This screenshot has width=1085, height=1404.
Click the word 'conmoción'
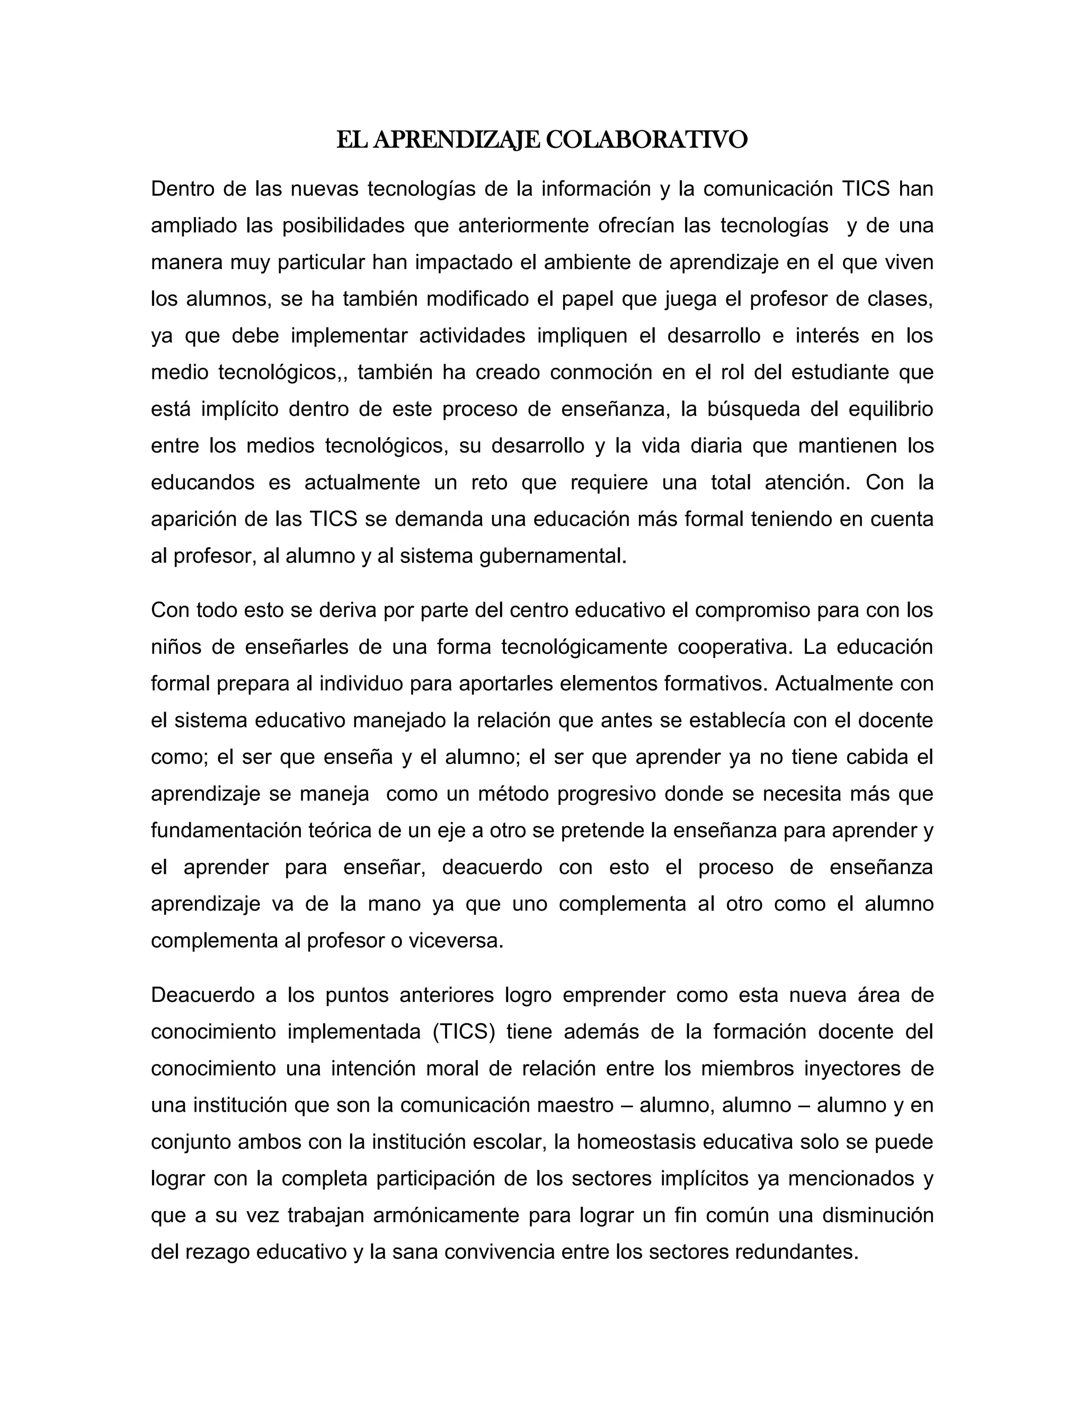[x=600, y=373]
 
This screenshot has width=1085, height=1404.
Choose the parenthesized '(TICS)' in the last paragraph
[x=464, y=1032]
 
